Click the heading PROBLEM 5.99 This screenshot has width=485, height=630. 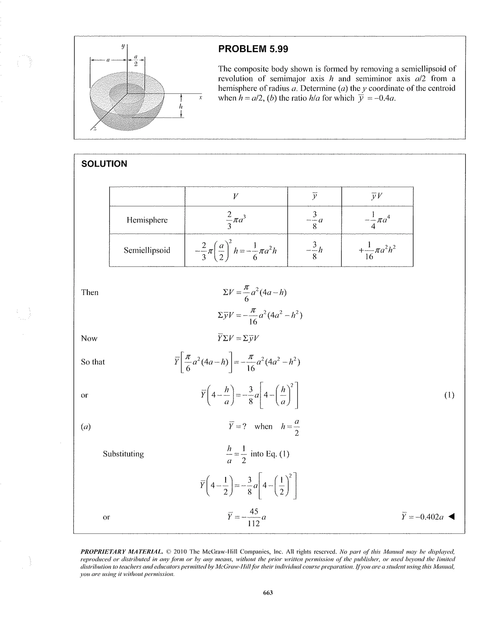point(253,49)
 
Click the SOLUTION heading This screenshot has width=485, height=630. point(104,164)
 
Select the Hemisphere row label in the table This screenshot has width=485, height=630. point(147,220)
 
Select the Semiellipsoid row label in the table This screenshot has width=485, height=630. point(147,250)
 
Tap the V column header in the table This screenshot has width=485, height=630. point(235,196)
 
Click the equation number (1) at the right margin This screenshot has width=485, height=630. point(449,395)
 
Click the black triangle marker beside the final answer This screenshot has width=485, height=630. point(452,516)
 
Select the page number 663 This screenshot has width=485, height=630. point(268,593)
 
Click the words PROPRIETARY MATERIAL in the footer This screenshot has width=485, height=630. point(121,552)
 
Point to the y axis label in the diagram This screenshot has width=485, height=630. point(123,46)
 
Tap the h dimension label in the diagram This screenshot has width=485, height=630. point(181,106)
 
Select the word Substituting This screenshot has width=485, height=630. point(123,454)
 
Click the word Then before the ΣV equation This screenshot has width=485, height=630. point(90,292)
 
